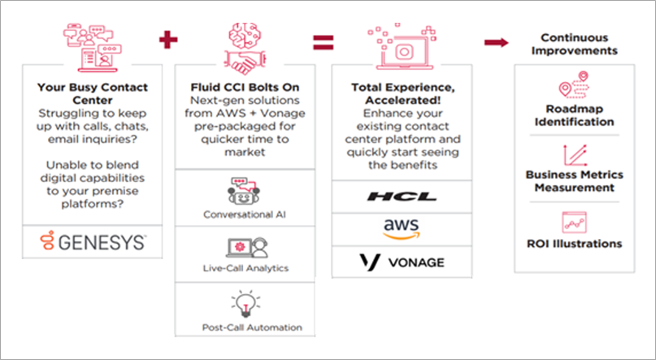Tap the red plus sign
(168, 39)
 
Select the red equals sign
(323, 41)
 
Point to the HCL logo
(401, 196)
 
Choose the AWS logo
(401, 228)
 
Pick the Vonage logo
(401, 262)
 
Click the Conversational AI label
(245, 214)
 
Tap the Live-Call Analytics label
(245, 268)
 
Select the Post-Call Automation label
(245, 327)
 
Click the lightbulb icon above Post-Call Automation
(245, 304)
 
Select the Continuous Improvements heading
(580, 44)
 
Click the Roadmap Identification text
(580, 116)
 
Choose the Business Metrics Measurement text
(580, 180)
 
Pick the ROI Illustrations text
(580, 243)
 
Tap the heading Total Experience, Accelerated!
(401, 93)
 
